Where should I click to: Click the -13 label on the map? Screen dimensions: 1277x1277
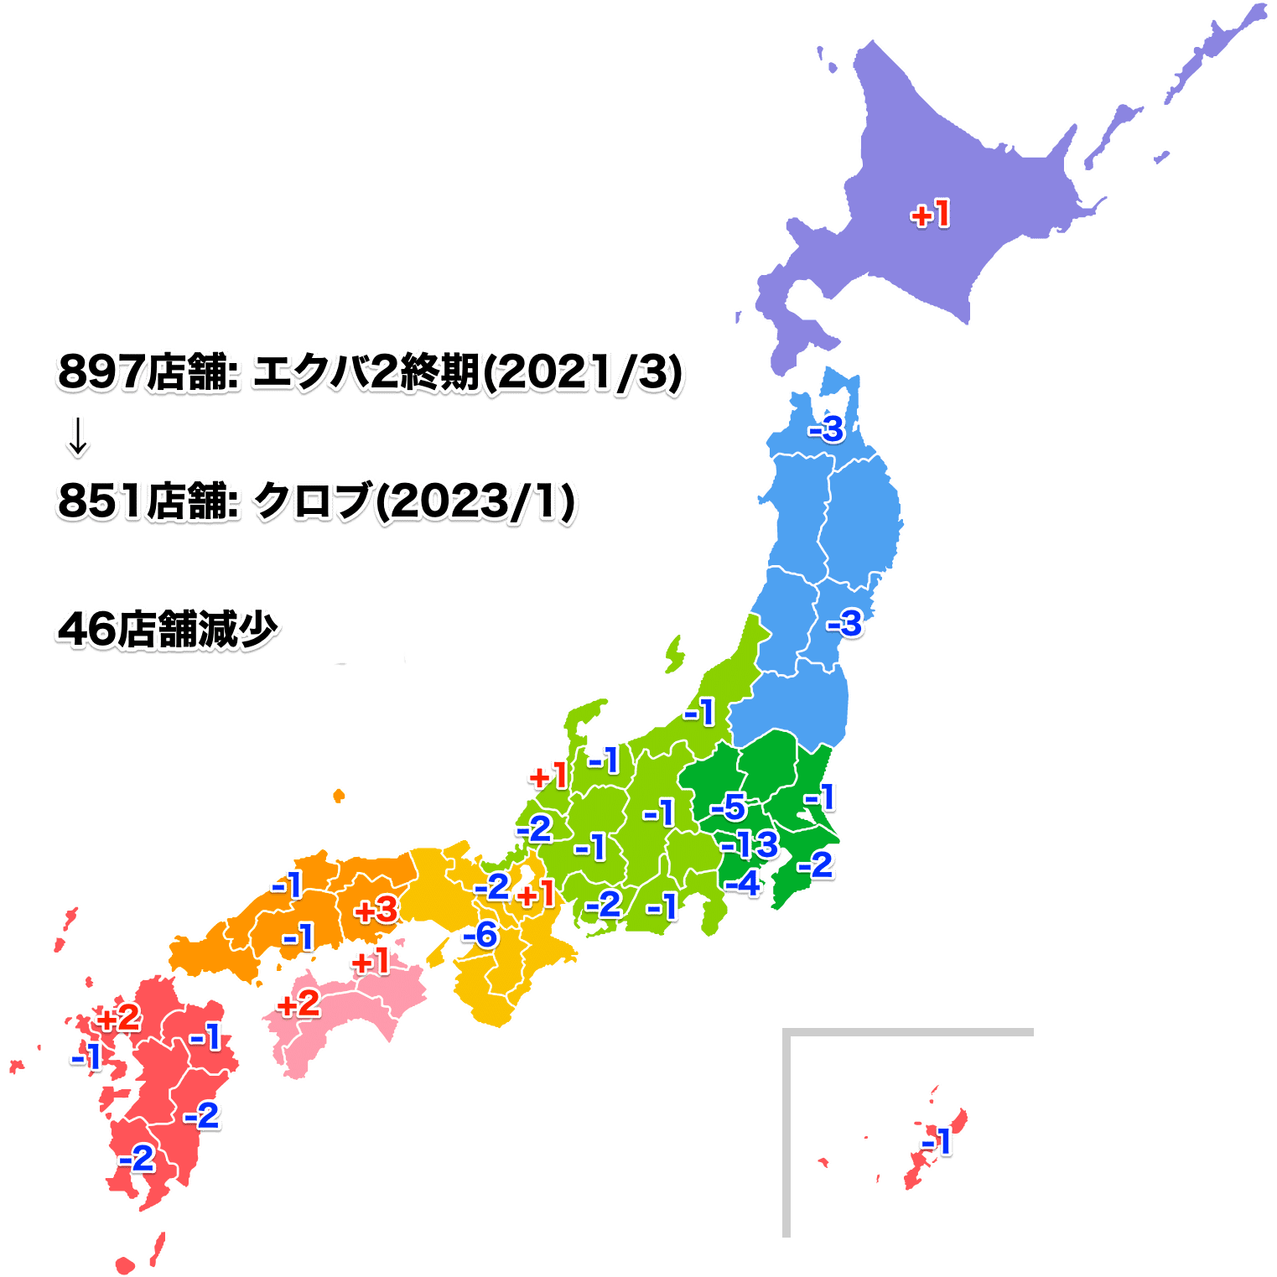pyautogui.click(x=750, y=844)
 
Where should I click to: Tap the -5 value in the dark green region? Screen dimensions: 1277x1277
pyautogui.click(x=729, y=807)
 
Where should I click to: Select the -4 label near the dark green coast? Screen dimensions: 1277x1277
pyautogui.click(x=743, y=883)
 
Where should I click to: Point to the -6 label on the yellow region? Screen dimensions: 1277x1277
pyautogui.click(x=480, y=935)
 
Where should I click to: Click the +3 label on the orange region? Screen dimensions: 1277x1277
pyautogui.click(x=376, y=911)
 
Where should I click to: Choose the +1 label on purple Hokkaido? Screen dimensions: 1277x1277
pyautogui.click(x=931, y=215)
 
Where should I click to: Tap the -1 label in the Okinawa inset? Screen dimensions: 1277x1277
pyautogui.click(x=937, y=1141)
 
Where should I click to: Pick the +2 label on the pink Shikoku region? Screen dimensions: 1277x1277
pyautogui.click(x=298, y=1004)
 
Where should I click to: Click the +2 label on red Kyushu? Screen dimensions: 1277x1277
pyautogui.click(x=118, y=1019)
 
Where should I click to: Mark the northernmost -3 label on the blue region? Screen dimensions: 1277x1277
pyautogui.click(x=827, y=429)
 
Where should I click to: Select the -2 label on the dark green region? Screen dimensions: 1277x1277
pyautogui.click(x=816, y=865)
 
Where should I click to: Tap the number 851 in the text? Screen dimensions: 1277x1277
pyautogui.click(x=97, y=501)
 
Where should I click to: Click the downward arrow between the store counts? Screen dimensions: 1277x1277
pyautogui.click(x=78, y=438)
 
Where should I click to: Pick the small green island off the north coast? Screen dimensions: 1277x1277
pyautogui.click(x=674, y=653)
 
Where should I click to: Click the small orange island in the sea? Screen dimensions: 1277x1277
pyautogui.click(x=338, y=795)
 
